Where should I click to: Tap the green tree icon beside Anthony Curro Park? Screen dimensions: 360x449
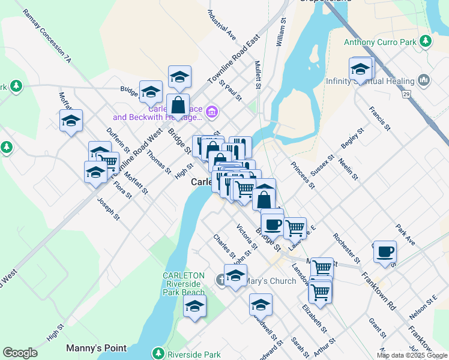pos(426,41)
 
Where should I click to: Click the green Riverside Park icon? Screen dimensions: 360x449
pos(158,353)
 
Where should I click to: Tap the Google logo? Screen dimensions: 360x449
pos(20,353)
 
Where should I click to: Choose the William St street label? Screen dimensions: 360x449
pos(280,31)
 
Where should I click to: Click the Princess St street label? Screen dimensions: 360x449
pos(303,174)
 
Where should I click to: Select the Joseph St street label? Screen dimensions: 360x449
pos(108,209)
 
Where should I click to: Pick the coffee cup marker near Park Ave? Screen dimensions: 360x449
pos(385,251)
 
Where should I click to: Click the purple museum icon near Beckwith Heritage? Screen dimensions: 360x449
pos(211,112)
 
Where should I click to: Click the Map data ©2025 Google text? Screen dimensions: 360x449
pos(411,355)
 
